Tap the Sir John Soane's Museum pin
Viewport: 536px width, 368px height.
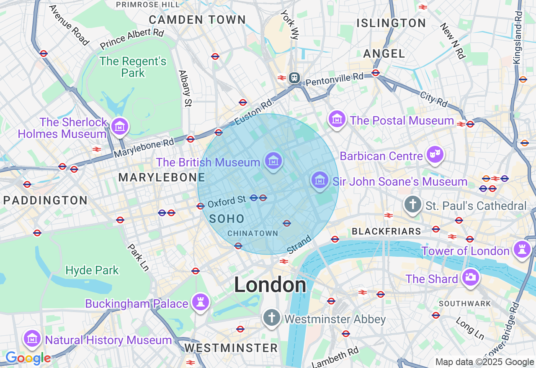coord(320,180)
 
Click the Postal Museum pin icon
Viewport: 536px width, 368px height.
coord(337,119)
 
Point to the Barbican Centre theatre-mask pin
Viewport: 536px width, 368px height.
coord(435,155)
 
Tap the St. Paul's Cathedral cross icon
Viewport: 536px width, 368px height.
coord(413,204)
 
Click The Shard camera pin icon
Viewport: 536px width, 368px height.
coord(470,277)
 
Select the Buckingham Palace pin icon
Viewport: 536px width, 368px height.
coord(200,302)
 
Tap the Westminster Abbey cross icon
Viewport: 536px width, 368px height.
coord(271,318)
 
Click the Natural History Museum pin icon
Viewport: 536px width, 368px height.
coord(32,338)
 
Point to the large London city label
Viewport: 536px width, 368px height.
coord(270,285)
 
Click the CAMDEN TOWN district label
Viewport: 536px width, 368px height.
coord(197,20)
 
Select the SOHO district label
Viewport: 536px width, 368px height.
coord(227,219)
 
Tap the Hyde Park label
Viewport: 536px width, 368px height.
coord(93,270)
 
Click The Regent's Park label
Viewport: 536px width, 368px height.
coord(133,67)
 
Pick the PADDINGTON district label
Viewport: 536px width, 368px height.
coord(45,200)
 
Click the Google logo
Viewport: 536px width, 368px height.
coord(28,358)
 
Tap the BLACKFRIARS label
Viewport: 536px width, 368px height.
coord(387,231)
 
